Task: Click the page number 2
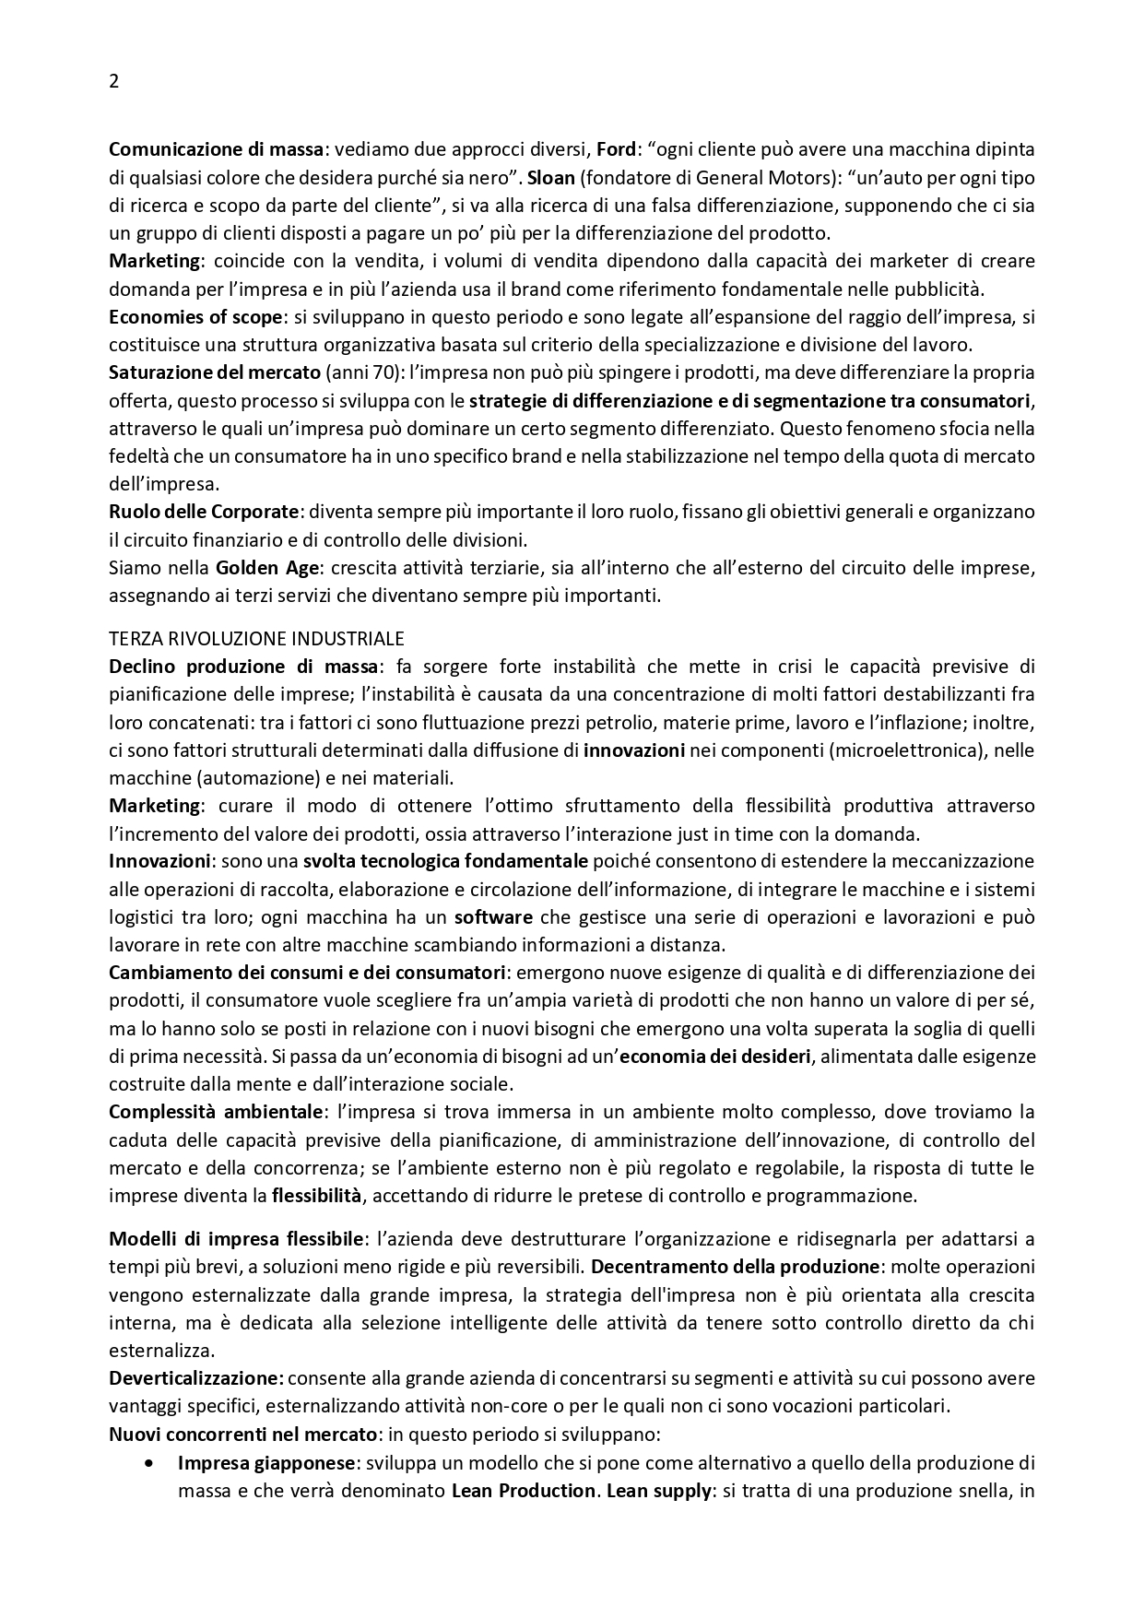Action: coord(113,81)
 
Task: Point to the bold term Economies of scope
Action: coord(195,317)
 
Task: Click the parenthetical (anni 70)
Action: coord(366,372)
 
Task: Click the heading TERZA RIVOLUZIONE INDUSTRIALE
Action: coord(256,638)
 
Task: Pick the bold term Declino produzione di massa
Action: coord(243,666)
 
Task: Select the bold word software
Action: coord(493,917)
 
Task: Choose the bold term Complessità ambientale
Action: coord(217,1111)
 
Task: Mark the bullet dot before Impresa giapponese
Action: coord(151,1462)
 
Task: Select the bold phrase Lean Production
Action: coord(523,1491)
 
